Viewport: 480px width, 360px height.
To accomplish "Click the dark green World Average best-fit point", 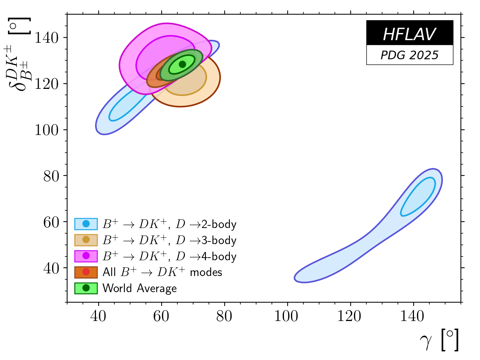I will (x=183, y=64).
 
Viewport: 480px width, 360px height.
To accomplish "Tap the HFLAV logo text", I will (x=409, y=34).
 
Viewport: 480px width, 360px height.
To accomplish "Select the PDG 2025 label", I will (x=409, y=55).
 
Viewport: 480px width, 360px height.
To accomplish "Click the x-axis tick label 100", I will (x=286, y=316).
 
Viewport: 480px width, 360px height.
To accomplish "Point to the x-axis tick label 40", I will (x=98, y=316).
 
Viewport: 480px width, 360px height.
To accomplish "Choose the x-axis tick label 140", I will (x=412, y=316).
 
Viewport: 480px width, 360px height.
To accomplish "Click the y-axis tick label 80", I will (x=51, y=176).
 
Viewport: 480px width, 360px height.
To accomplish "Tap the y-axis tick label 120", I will (x=46, y=84).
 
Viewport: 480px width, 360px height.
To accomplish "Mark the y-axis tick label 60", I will (x=51, y=222).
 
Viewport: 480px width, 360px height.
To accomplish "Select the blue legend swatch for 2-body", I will (x=86, y=224).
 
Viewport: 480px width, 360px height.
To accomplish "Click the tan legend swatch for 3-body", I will (x=86, y=240).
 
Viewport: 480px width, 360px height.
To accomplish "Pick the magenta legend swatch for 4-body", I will (x=86, y=256).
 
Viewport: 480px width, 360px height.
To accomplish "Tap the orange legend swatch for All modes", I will (x=86, y=272).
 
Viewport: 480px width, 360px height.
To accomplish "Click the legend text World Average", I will (x=139, y=288).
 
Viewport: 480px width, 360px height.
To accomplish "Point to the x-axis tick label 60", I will (x=161, y=316).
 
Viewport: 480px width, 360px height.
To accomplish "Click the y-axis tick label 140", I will (x=46, y=37).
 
